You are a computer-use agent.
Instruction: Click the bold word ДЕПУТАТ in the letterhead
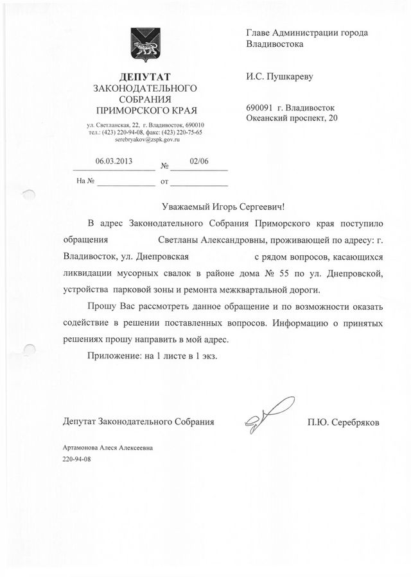[x=144, y=77]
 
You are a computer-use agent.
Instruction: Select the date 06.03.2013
[x=114, y=162]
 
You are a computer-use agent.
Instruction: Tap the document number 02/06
[x=200, y=162]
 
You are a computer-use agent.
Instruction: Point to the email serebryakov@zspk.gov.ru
[x=144, y=140]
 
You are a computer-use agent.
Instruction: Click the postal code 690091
[x=258, y=108]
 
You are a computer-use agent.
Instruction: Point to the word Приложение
[x=112, y=355]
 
